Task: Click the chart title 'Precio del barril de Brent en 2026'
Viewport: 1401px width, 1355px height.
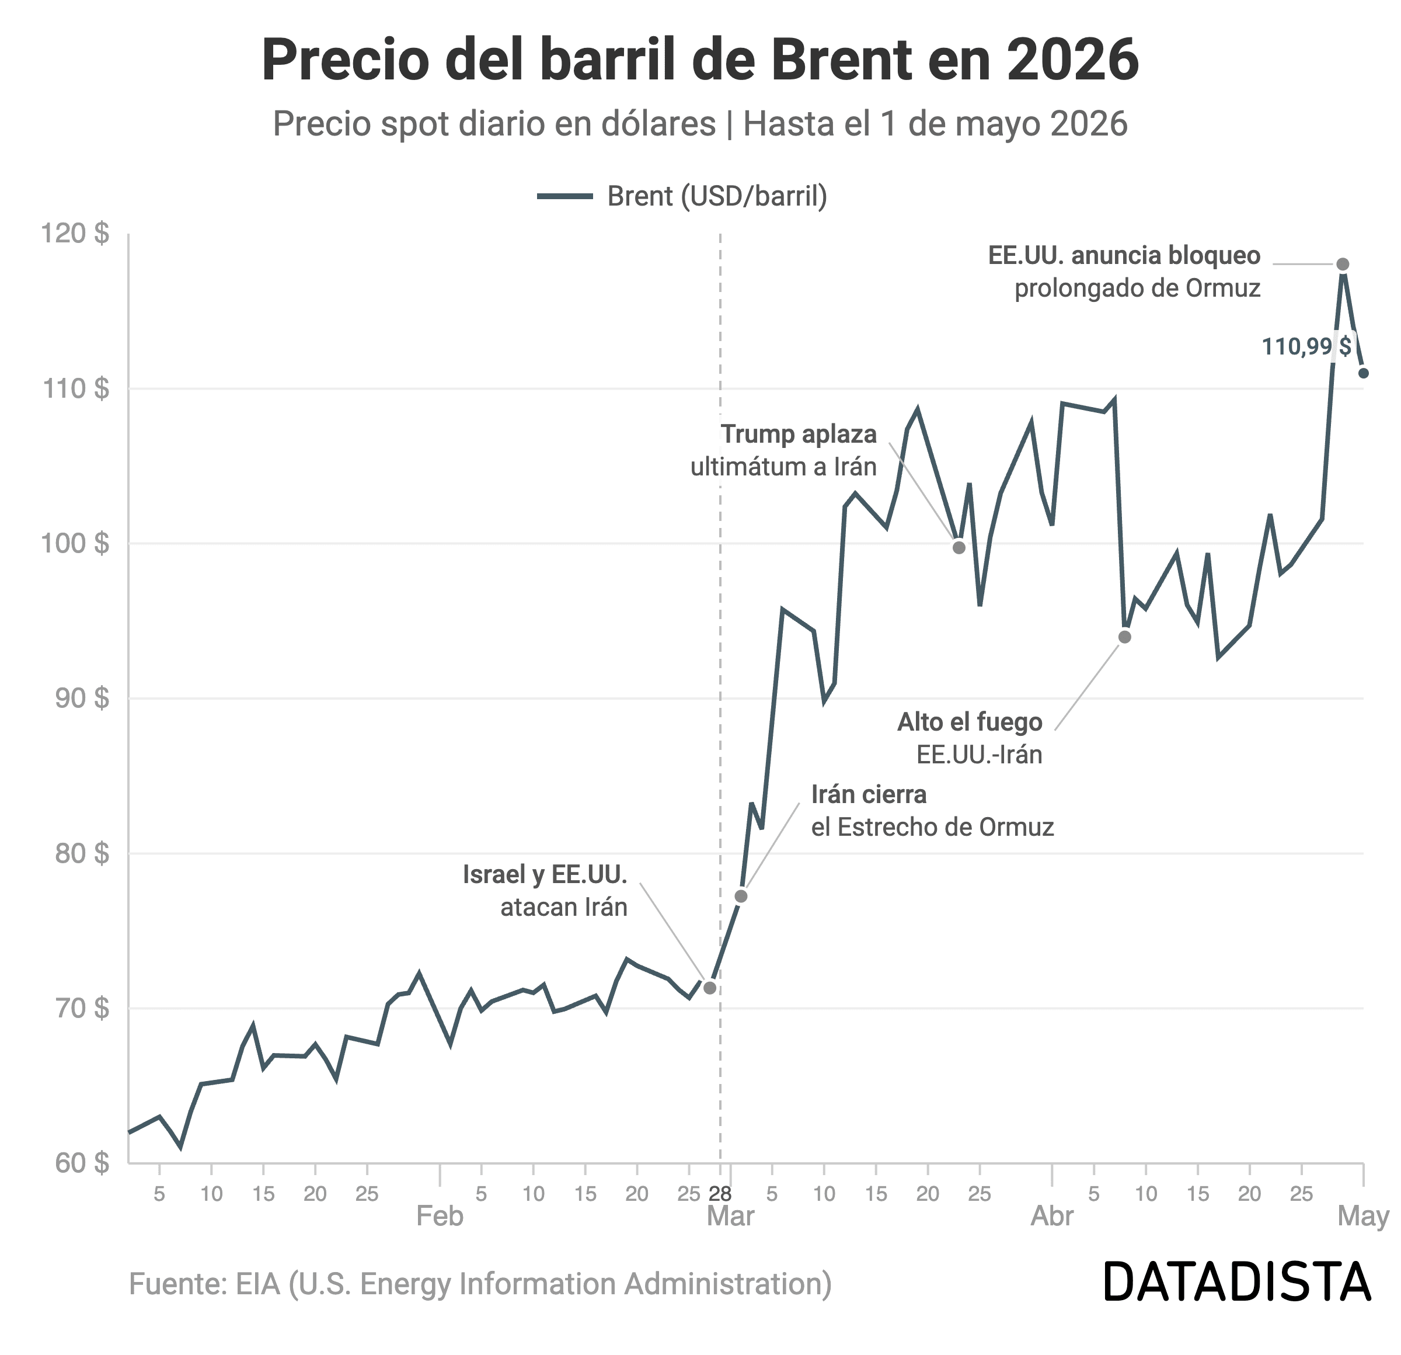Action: [700, 60]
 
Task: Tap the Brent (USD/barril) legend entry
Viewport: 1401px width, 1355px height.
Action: [682, 196]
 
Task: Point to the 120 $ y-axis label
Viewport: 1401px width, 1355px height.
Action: [75, 233]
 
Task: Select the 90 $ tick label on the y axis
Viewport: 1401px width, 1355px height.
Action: [82, 698]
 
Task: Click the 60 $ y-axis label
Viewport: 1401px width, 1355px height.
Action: [82, 1163]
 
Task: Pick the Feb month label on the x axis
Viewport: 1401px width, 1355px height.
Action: [440, 1216]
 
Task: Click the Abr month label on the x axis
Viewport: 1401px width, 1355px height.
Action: [1051, 1216]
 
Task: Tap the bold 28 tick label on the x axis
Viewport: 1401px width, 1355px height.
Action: [720, 1194]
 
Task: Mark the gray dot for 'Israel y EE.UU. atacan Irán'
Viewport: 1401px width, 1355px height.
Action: [710, 988]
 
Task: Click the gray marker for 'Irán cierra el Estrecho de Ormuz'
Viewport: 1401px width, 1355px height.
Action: [741, 897]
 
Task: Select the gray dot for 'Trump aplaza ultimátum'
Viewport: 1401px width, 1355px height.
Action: [959, 548]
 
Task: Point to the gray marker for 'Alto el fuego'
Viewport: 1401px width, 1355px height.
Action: [1125, 637]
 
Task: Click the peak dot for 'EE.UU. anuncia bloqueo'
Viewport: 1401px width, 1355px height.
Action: [1343, 265]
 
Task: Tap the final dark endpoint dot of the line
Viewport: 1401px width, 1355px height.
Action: [1364, 373]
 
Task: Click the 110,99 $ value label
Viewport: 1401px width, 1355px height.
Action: [1306, 347]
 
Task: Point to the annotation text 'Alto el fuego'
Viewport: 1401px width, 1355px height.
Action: [970, 723]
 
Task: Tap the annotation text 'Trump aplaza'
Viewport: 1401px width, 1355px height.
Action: [799, 435]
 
